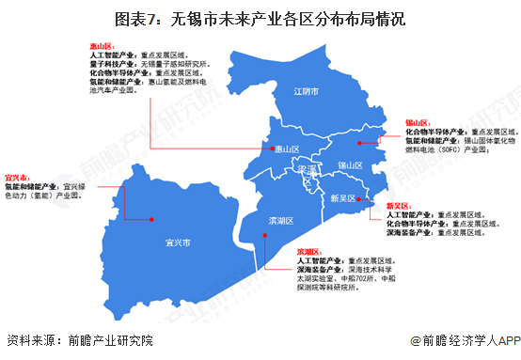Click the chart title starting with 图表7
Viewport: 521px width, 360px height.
click(x=260, y=18)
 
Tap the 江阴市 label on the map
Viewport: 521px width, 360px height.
click(x=307, y=92)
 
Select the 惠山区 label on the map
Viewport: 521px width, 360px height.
click(x=285, y=149)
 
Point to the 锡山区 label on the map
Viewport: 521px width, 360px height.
click(x=350, y=165)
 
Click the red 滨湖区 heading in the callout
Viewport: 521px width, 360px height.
click(x=309, y=252)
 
